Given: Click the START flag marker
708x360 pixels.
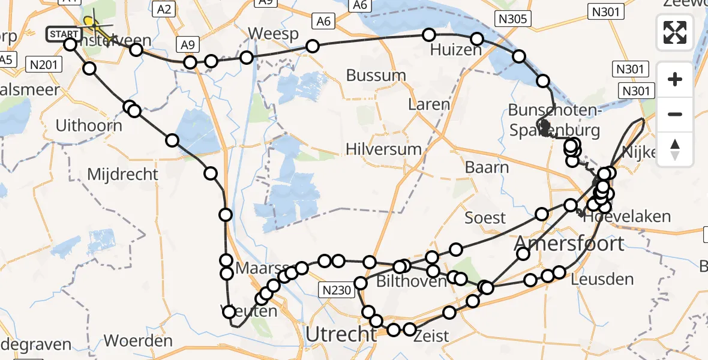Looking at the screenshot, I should tap(62, 34).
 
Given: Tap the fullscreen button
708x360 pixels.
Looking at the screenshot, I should tap(675, 32).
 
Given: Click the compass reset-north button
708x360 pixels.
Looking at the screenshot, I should tap(675, 149).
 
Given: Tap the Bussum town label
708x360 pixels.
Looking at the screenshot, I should tap(376, 76).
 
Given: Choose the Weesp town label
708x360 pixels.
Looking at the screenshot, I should tap(276, 34).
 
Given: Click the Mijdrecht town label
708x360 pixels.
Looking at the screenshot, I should tap(123, 175).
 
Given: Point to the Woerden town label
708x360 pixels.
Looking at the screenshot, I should tap(139, 341).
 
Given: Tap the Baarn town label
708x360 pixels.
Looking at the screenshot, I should tap(487, 167).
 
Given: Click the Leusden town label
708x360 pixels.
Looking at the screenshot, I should tap(602, 279).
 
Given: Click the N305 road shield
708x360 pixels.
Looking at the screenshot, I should tap(512, 19).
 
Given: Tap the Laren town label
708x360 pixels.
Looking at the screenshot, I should tap(428, 104).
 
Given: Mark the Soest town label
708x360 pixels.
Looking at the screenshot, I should tap(485, 217).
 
